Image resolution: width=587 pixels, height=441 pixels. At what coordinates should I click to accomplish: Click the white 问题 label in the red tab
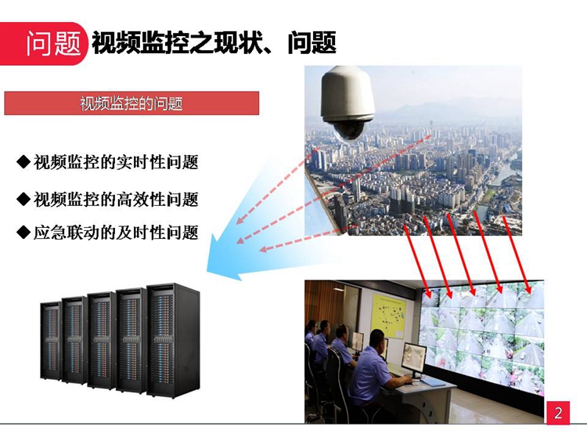(53, 43)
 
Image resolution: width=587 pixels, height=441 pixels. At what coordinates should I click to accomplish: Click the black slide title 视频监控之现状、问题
(214, 43)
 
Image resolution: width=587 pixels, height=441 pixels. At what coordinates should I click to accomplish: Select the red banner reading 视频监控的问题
(131, 103)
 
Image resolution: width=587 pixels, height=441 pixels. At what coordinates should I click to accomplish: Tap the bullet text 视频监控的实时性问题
(116, 162)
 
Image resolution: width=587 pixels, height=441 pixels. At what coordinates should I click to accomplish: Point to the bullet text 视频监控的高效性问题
(116, 199)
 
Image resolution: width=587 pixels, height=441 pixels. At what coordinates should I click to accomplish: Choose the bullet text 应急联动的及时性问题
(116, 233)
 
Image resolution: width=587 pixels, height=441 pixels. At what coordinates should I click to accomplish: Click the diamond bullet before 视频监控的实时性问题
(23, 162)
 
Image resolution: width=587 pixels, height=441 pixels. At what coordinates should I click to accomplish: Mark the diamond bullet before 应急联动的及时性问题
(23, 232)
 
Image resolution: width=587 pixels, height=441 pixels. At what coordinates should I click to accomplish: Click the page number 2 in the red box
(558, 413)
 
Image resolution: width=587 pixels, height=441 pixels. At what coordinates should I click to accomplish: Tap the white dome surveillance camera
(348, 103)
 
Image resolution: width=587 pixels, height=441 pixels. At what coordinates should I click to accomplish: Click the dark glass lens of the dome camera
(348, 131)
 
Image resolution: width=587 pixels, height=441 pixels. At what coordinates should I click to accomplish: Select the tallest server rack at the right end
(173, 339)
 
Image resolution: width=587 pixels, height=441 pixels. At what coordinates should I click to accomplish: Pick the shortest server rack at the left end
(51, 341)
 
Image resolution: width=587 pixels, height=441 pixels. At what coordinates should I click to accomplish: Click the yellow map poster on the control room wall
(389, 316)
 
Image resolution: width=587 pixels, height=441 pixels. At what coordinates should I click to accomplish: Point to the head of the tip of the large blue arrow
(207, 270)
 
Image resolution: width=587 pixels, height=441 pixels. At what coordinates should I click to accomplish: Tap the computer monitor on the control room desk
(414, 359)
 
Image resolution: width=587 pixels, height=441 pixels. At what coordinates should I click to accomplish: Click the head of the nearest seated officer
(377, 340)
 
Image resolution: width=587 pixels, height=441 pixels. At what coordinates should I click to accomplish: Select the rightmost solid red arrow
(517, 255)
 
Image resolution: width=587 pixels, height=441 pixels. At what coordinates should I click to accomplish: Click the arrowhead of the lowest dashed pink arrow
(263, 249)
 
